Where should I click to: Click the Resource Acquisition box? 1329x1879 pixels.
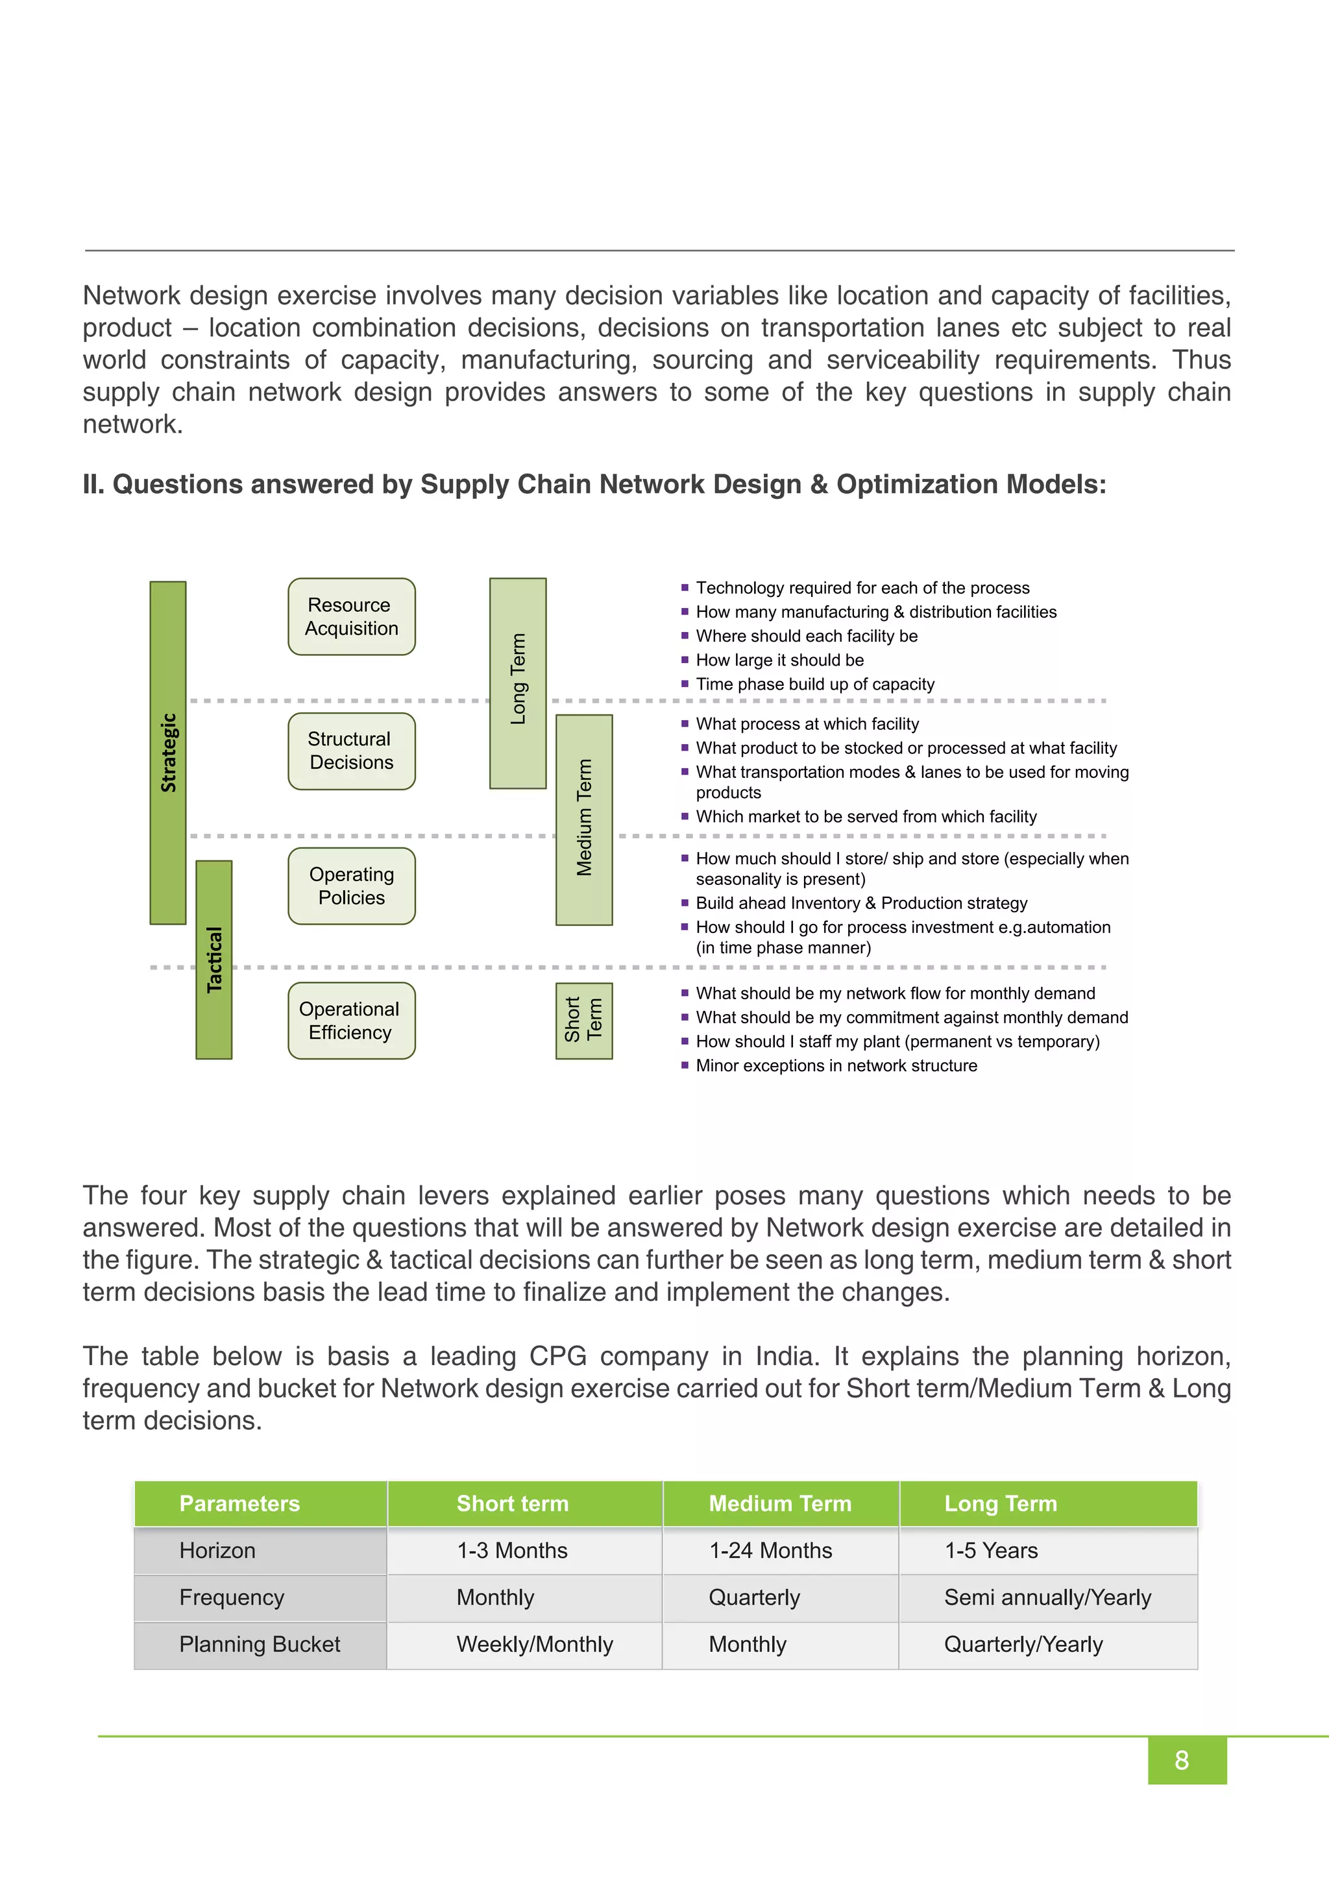[351, 616]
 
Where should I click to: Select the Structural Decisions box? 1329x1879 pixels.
[351, 751]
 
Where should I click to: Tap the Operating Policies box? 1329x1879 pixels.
[351, 886]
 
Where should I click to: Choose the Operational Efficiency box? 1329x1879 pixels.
[351, 1021]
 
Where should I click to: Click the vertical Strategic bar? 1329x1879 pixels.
[168, 752]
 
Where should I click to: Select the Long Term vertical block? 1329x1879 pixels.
[517, 683]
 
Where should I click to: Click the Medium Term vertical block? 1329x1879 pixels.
[583, 819]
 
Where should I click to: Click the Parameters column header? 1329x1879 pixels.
[239, 1503]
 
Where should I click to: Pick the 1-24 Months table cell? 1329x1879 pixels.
[770, 1550]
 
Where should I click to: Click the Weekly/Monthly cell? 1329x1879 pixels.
[534, 1644]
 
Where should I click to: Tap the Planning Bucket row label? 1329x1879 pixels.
[260, 1644]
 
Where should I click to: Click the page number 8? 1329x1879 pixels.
[1181, 1760]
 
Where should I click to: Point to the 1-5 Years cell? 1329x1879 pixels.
[991, 1550]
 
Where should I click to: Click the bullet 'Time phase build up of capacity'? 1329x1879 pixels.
[814, 684]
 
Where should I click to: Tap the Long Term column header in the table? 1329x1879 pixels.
[1000, 1503]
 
